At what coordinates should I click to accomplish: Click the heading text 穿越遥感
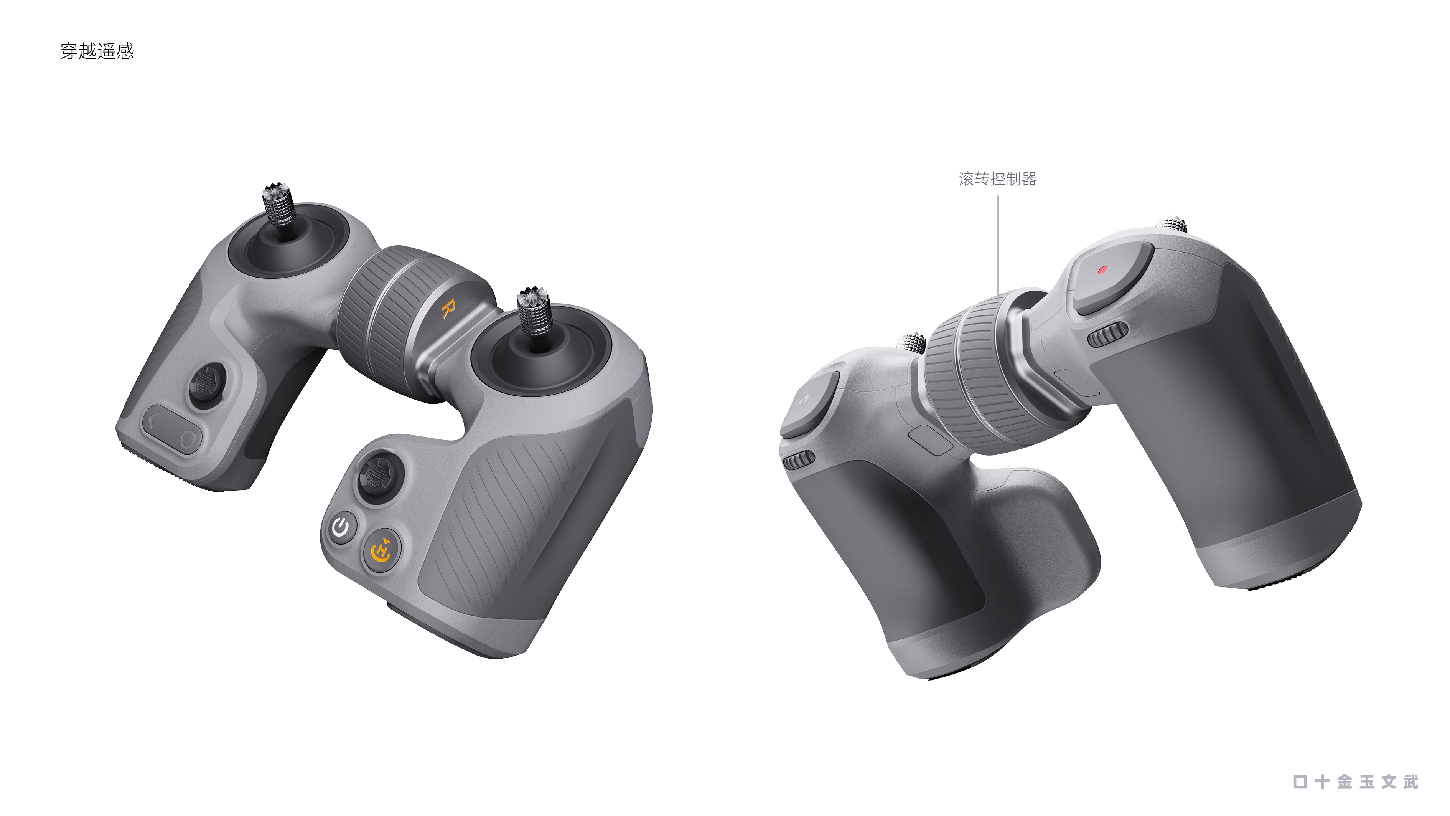[x=97, y=51]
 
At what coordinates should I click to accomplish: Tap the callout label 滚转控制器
[x=997, y=179]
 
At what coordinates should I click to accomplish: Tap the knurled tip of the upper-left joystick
[x=278, y=203]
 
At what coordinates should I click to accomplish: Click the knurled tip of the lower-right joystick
[x=534, y=310]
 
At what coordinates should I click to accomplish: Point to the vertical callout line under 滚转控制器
[x=998, y=242]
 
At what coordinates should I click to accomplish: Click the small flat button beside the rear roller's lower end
[x=929, y=439]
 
